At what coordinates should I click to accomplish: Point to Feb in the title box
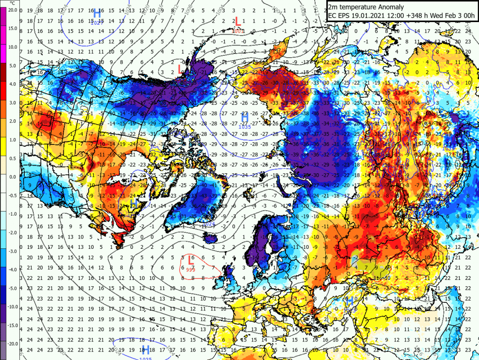[x=450, y=16]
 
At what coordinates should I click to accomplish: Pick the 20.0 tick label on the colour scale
[x=13, y=9]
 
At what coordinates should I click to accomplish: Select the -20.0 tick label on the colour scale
[x=12, y=344]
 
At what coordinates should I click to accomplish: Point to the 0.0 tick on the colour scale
[x=13, y=177]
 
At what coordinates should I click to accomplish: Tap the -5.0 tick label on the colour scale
[x=13, y=288]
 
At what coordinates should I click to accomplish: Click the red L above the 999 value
[x=191, y=260]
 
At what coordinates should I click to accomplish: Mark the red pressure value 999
[x=191, y=269]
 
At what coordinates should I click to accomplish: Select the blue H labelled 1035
[x=244, y=118]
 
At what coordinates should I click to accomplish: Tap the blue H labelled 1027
[x=96, y=13]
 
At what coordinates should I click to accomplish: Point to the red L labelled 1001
[x=238, y=22]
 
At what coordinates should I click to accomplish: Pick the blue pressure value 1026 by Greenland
[x=209, y=224]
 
